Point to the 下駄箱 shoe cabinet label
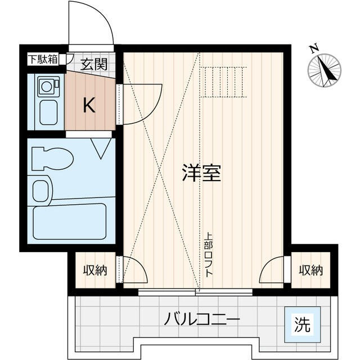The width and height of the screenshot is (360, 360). pyautogui.click(x=43, y=58)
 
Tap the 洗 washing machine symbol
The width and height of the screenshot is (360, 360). pyautogui.click(x=303, y=325)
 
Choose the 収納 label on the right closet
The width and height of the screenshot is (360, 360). pyautogui.click(x=311, y=271)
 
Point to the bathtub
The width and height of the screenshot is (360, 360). pyautogui.click(x=70, y=220)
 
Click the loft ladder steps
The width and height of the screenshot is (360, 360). pyautogui.click(x=225, y=82)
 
